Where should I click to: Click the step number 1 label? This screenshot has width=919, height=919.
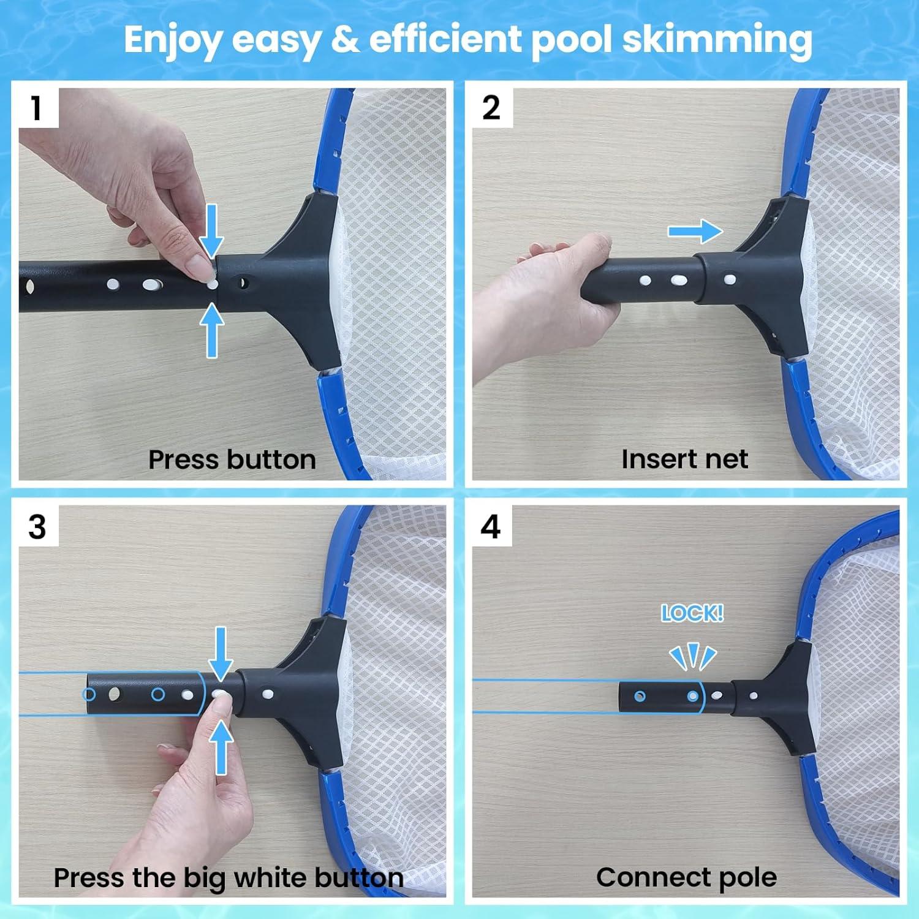pyautogui.click(x=37, y=108)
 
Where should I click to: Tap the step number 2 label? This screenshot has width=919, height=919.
pyautogui.click(x=491, y=108)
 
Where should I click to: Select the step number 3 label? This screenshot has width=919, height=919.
pyautogui.click(x=37, y=527)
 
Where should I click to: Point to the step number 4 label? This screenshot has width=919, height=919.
pyautogui.click(x=491, y=527)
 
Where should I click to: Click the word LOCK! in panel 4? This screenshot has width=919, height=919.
pyautogui.click(x=692, y=613)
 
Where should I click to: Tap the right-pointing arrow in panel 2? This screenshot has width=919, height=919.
pyautogui.click(x=695, y=232)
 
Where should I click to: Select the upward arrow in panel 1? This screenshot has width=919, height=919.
pyautogui.click(x=212, y=331)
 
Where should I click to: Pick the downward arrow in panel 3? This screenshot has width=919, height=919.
pyautogui.click(x=221, y=653)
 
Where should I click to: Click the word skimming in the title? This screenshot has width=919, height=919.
pyautogui.click(x=717, y=40)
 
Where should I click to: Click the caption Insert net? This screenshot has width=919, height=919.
pyautogui.click(x=684, y=459)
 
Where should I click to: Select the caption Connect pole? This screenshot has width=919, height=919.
pyautogui.click(x=686, y=877)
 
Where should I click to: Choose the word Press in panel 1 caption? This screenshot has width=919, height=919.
pyautogui.click(x=184, y=459)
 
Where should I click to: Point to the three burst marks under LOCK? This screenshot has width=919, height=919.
pyautogui.click(x=692, y=658)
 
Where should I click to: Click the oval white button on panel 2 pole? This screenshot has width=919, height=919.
pyautogui.click(x=678, y=281)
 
